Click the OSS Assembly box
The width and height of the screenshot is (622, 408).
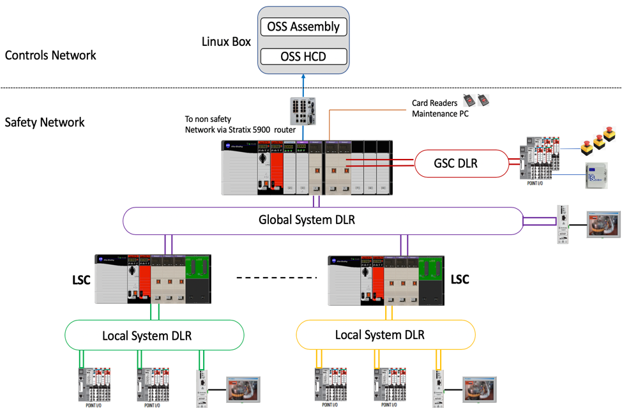tap(303, 27)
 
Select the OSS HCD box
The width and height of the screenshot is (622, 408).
tap(303, 56)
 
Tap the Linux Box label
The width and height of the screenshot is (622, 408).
tap(226, 42)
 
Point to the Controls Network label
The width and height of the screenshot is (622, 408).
tap(50, 55)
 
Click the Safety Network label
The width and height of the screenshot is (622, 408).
tap(45, 122)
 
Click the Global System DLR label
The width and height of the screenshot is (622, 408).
tap(307, 220)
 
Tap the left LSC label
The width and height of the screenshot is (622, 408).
tap(81, 279)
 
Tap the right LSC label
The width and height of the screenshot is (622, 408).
tap(460, 279)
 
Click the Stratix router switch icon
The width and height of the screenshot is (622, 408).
tap(303, 111)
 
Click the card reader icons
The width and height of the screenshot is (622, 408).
tap(476, 98)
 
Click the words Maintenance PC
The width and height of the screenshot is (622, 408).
tap(440, 114)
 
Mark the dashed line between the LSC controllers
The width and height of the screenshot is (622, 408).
tap(277, 278)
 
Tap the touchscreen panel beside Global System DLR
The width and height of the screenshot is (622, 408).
tap(603, 224)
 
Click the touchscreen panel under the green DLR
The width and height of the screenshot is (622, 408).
tap(243, 389)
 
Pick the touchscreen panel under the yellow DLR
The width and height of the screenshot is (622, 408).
tap(479, 389)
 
